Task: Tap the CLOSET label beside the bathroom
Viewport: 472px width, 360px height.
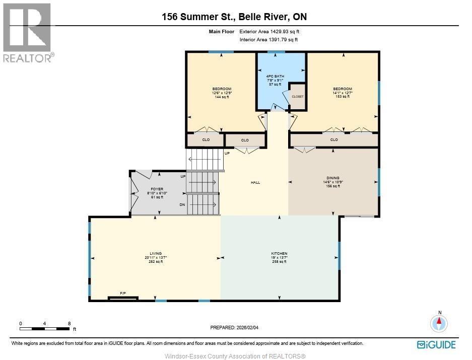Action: coord(298,97)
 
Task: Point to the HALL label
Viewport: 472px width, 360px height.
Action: coord(255,182)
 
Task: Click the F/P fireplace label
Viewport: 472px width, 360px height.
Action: coord(123,293)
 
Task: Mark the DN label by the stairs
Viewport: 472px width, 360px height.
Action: coord(182,205)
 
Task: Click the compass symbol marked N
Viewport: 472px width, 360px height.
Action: coord(439,323)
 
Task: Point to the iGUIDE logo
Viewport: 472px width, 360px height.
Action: coord(436,345)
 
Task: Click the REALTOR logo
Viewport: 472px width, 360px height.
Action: coord(28,33)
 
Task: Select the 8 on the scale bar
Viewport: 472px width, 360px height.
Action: coord(69,324)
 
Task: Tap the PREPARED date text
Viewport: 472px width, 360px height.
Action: coord(234,327)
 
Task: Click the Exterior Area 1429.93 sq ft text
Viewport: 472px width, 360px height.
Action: coord(269,31)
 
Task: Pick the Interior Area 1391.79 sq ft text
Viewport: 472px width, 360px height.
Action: coord(268,39)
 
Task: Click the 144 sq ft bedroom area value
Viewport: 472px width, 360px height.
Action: coord(222,97)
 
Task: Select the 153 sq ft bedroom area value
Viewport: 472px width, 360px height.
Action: coord(343,97)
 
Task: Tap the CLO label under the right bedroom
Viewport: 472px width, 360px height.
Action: coord(334,139)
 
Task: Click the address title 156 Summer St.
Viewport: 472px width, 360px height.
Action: coord(198,17)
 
